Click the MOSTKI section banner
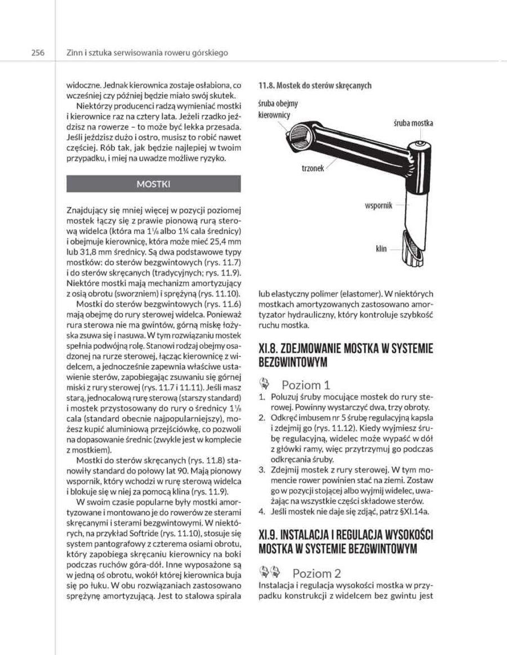point(153,184)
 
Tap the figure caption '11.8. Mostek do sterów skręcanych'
point(314,86)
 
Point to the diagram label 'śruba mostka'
point(413,123)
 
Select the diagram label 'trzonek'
point(313,168)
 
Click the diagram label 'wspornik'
point(379,206)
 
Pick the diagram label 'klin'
point(381,249)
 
